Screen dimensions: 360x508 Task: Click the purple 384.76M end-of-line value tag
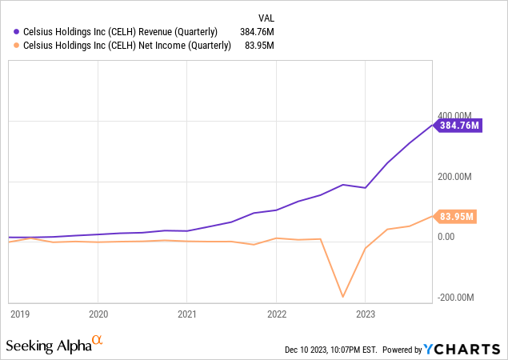(458, 125)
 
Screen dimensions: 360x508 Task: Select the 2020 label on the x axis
(98, 314)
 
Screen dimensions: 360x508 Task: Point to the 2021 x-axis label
(186, 314)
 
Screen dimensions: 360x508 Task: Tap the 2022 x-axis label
(276, 314)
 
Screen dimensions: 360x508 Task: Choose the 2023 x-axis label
(365, 314)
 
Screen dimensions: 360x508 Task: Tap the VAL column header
(266, 17)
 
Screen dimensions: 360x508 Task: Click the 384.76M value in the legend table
(257, 32)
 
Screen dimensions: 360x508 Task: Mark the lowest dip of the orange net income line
(343, 297)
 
